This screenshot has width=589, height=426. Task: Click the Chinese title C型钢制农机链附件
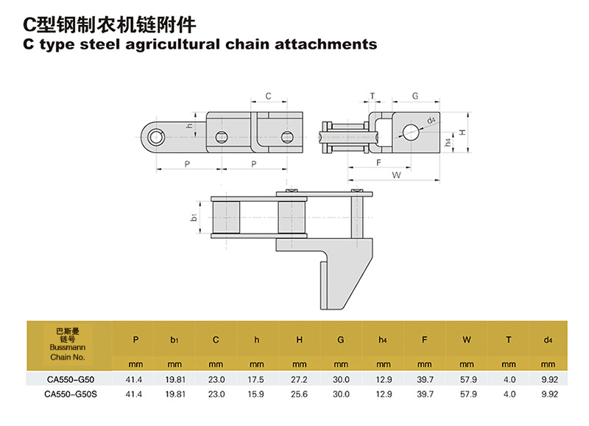click(x=110, y=24)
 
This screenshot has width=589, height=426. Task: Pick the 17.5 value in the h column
click(x=257, y=378)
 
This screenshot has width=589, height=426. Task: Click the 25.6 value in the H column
click(x=299, y=394)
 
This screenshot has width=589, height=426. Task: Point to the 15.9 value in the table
click(x=257, y=394)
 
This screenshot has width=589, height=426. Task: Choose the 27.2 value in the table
click(x=299, y=378)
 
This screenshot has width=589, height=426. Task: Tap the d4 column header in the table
click(x=547, y=340)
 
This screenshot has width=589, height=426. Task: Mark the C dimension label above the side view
click(x=269, y=96)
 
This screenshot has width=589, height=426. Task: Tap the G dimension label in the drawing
click(x=415, y=96)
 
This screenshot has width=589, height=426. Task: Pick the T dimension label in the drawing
click(x=373, y=96)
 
